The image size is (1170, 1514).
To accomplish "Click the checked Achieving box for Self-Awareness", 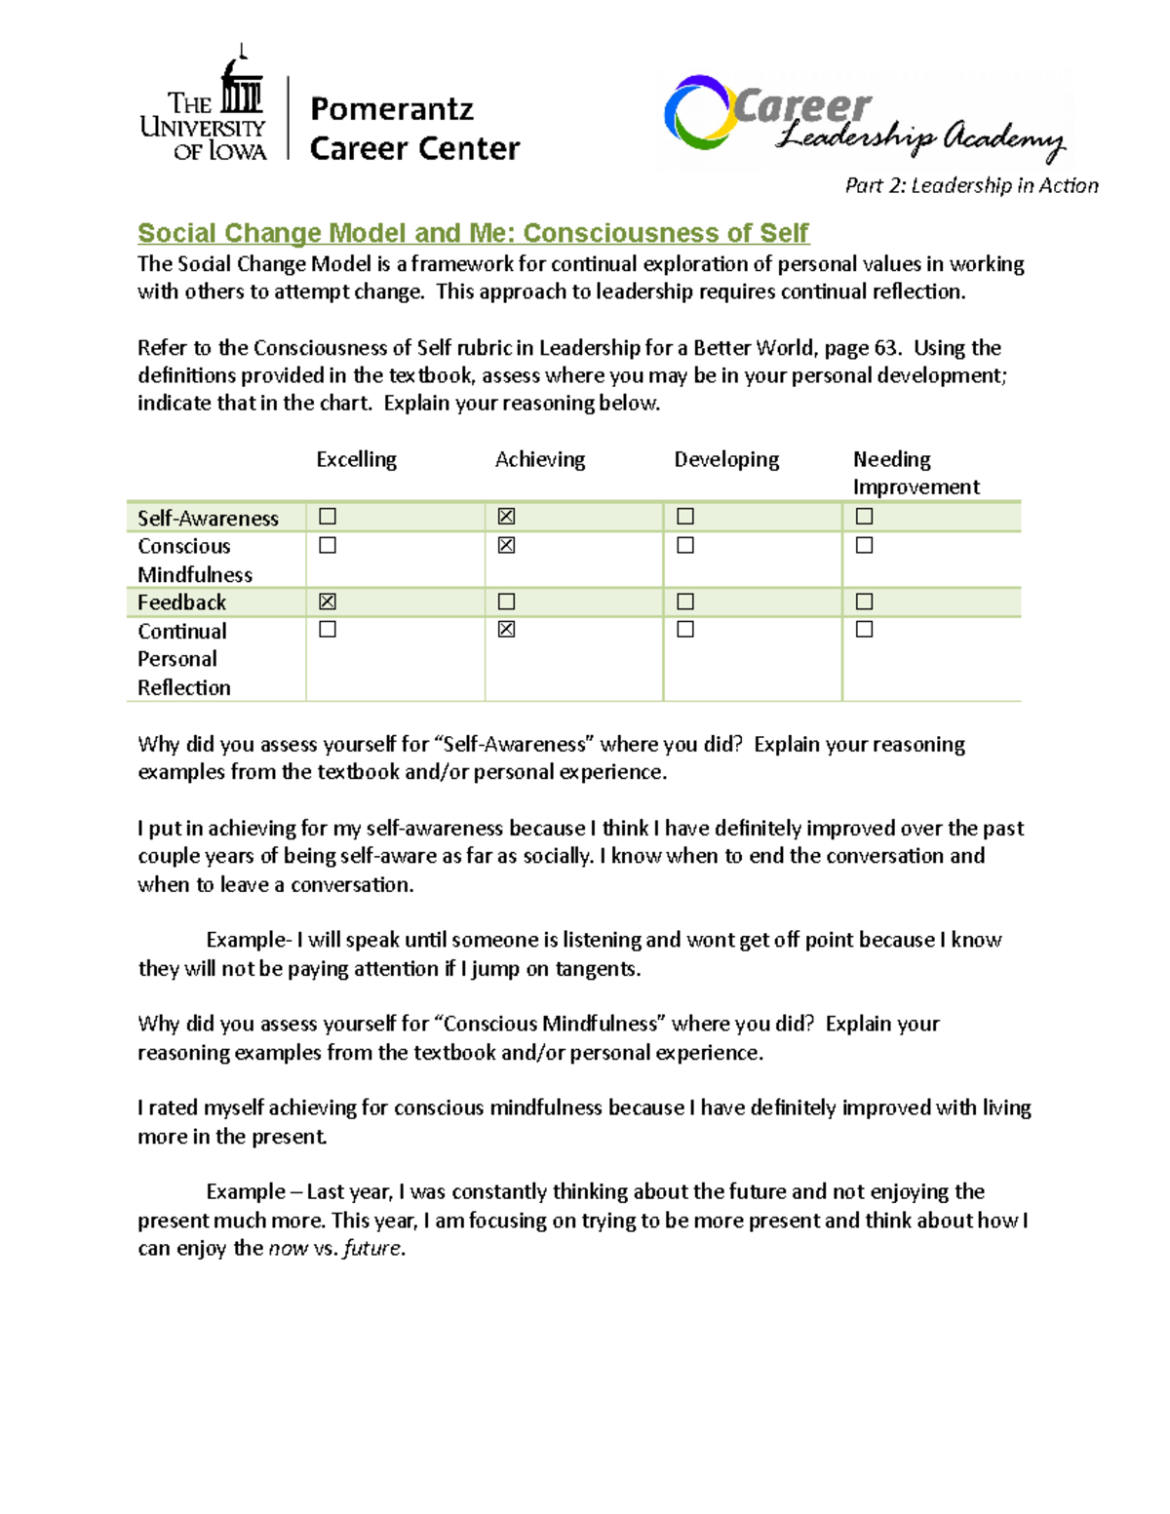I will (x=506, y=517).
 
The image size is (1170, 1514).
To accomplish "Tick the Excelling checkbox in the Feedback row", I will (x=328, y=602).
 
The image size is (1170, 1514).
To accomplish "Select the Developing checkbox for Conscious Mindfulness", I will (x=685, y=546).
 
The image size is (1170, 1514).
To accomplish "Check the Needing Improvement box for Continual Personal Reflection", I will (x=864, y=630).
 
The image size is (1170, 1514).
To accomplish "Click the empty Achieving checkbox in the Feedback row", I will (x=506, y=602).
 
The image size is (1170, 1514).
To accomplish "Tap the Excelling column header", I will (x=356, y=459).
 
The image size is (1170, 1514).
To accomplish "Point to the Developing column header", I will (x=726, y=459).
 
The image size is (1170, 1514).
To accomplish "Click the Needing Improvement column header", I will (x=916, y=473).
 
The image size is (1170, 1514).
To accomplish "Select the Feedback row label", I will (x=181, y=602).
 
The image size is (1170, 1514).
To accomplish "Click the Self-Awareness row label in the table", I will (x=208, y=519).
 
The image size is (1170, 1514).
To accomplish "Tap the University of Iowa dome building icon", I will (x=241, y=88).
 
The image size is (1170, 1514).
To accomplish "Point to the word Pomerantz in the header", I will (x=392, y=109).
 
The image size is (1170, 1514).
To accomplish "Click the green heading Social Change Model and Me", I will (x=473, y=233).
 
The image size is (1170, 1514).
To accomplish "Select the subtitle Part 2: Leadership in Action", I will (x=971, y=185).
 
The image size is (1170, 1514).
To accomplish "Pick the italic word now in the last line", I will (x=288, y=1249).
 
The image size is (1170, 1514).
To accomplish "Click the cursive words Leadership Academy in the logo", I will (x=918, y=138).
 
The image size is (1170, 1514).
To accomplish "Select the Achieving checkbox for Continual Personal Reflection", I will (x=506, y=630).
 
